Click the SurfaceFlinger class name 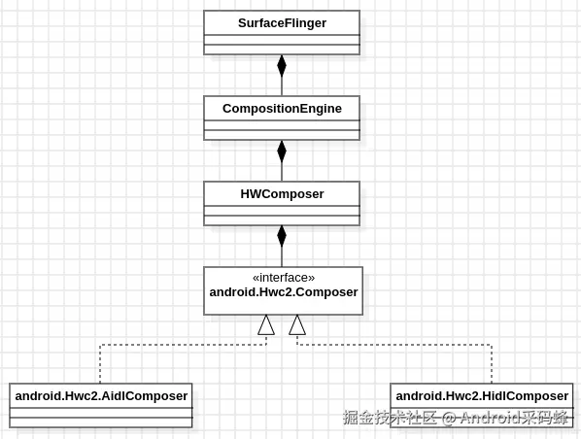click(282, 23)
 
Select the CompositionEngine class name click(282, 109)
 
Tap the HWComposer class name click(282, 193)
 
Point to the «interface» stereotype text click(284, 278)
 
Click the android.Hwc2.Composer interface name click(284, 292)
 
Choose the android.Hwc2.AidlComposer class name click(101, 396)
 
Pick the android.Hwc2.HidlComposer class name click(482, 396)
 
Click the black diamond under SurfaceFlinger click(282, 66)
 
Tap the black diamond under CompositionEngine click(282, 152)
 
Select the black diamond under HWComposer click(282, 236)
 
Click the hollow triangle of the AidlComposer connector click(266, 325)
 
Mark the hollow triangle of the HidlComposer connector click(297, 325)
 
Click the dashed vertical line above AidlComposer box click(100, 364)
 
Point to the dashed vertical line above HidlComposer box click(492, 364)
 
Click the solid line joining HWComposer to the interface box click(282, 257)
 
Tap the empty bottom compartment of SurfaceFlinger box click(282, 50)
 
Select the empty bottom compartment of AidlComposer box click(101, 422)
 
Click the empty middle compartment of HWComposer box click(282, 211)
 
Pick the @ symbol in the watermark click(449, 419)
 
